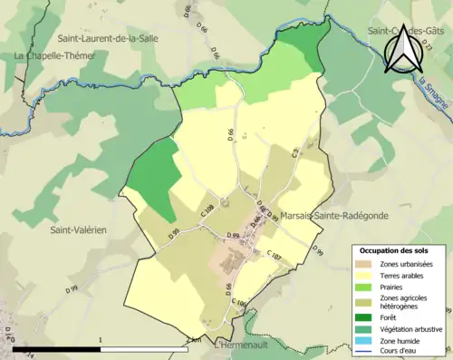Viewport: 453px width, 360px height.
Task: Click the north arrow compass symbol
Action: pyautogui.click(x=402, y=47)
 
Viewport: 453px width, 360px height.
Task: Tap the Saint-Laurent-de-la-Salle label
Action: pyautogui.click(x=106, y=39)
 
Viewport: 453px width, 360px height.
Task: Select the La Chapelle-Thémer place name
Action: pyautogui.click(x=51, y=55)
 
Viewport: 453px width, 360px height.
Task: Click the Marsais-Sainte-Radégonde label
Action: pyautogui.click(x=331, y=216)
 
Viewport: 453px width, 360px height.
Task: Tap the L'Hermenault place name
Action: pyautogui.click(x=242, y=345)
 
